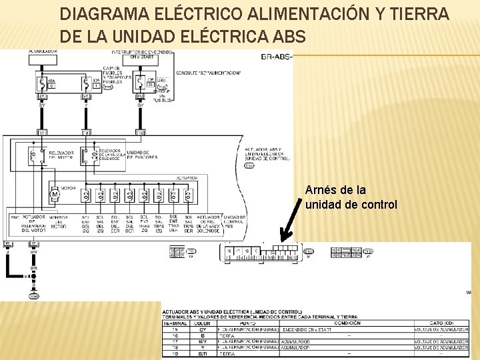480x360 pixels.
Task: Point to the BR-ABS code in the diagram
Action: coord(275,57)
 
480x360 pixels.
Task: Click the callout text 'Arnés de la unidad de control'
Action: coord(351,197)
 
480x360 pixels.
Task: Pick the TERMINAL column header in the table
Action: coord(176,323)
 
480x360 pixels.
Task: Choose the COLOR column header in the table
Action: coord(205,323)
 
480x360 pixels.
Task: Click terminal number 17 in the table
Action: coord(176,342)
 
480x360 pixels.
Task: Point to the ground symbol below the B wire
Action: coord(34,296)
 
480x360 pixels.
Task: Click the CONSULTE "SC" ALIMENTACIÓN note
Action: coord(208,72)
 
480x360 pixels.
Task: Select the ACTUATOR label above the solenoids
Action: coord(186,178)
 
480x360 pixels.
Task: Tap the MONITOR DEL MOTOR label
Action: coord(58,223)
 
